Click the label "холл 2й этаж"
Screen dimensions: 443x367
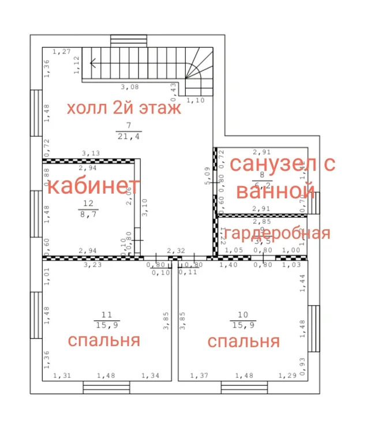[123, 108]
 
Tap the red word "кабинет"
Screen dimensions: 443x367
[93, 186]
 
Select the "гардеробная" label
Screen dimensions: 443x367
[277, 233]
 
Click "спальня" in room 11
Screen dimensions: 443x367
[104, 340]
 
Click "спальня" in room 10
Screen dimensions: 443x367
[244, 341]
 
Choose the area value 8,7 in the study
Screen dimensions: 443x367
[89, 213]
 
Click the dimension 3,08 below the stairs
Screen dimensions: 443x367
[130, 87]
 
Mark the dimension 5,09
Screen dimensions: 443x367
[207, 175]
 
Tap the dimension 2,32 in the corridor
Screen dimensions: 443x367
[176, 251]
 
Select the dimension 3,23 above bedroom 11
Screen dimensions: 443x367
[92, 265]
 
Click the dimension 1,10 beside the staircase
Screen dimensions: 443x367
[197, 100]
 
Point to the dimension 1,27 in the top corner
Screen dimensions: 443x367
[61, 52]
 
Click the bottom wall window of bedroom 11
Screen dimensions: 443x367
[99, 387]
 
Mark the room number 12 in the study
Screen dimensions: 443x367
[89, 203]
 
